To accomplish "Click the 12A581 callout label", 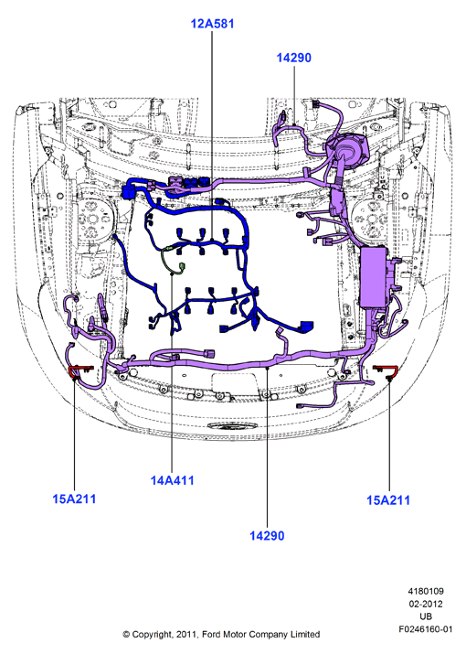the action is click(212, 24).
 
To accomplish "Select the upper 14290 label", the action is click(294, 58).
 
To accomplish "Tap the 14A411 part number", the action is click(172, 480).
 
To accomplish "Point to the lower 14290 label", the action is click(267, 535).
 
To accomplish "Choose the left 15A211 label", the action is click(74, 499).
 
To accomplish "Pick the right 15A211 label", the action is click(388, 500).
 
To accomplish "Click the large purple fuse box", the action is click(375, 277).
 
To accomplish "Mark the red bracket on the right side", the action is click(387, 369).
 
